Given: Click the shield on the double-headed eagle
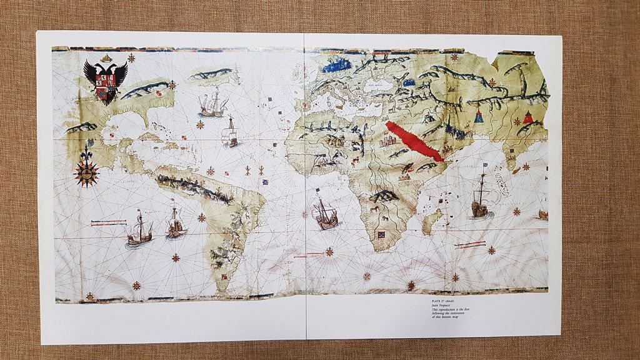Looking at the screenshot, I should pyautogui.click(x=106, y=86).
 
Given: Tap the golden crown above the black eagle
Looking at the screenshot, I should pyautogui.click(x=106, y=58).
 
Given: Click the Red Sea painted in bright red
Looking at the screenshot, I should pyautogui.click(x=415, y=141).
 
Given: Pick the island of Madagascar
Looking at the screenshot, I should pyautogui.click(x=431, y=221).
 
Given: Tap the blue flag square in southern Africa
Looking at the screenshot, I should pyautogui.click(x=380, y=236).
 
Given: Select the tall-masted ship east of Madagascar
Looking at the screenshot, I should pyautogui.click(x=480, y=196).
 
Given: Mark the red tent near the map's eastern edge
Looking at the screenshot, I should pyautogui.click(x=528, y=116).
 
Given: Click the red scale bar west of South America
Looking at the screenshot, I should pyautogui.click(x=105, y=221).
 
